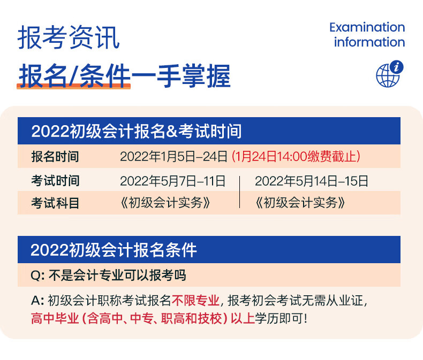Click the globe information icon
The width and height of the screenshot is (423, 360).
pos(389,74)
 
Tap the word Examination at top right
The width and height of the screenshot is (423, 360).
pos(367,27)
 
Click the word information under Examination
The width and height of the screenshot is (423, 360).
pos(369,42)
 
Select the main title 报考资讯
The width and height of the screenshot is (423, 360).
pos(69,37)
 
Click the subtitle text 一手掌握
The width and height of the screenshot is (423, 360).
pos(181,76)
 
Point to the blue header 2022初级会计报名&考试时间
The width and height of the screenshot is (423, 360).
pos(136,131)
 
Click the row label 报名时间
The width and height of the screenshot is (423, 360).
pos(55,157)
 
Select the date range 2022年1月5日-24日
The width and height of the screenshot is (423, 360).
pos(173,157)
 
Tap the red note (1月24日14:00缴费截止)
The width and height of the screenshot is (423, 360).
pos(296,157)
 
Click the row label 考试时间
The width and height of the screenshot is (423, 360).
pos(55,181)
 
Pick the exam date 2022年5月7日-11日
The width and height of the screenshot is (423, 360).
pos(172,181)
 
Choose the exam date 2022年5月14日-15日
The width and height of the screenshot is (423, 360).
pos(311,181)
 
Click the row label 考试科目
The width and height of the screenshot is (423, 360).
pos(55,203)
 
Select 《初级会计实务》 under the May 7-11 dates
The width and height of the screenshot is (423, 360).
pos(165,203)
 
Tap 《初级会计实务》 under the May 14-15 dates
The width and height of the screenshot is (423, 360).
pos(300,203)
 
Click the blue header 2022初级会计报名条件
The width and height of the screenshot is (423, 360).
pos(114,250)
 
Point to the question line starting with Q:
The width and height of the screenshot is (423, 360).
pos(109,275)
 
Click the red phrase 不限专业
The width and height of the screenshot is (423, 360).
pos(195,301)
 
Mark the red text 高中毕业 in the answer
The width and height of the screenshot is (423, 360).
pos(55,318)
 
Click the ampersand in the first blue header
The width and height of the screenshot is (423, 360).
pos(171,131)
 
